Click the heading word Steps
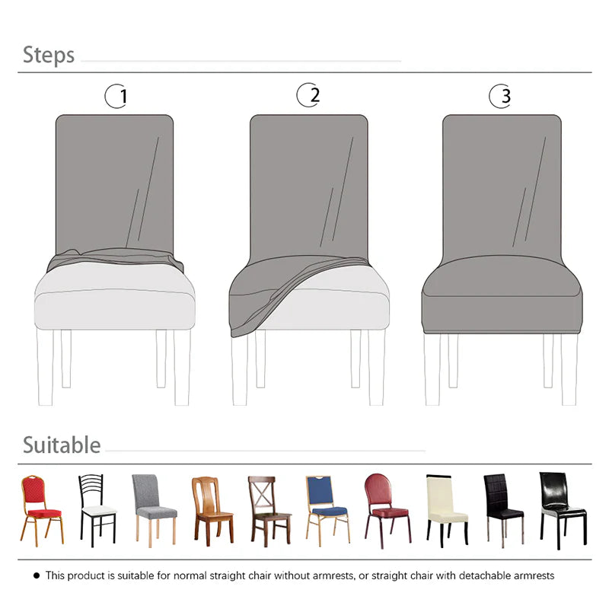tap(49, 55)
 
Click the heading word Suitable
tap(62, 445)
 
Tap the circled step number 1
tap(116, 97)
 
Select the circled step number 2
tap(308, 95)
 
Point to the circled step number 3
tap(501, 97)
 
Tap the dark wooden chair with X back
tap(268, 508)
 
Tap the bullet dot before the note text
tap(36, 576)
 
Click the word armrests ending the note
tap(534, 576)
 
